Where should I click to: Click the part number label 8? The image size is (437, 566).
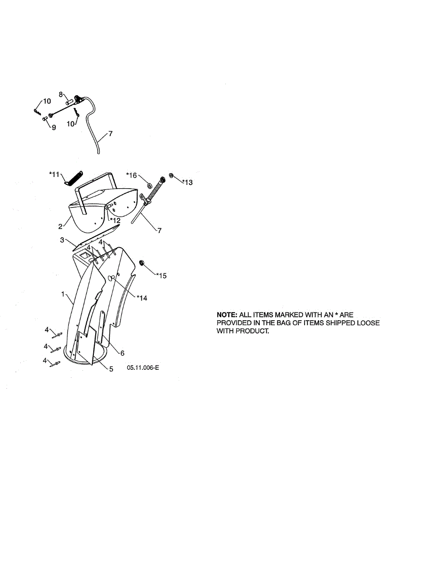coord(61,94)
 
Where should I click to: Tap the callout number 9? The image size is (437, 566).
coord(53,127)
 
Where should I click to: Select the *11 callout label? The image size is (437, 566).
coord(54,174)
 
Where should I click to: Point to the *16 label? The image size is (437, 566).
coord(131,175)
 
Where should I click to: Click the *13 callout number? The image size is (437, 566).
coord(188,182)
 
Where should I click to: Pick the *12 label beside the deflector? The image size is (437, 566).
coord(115,220)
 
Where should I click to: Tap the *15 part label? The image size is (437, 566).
coord(161,276)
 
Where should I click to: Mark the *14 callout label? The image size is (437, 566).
coord(142,298)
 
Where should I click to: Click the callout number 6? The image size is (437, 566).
coord(122,353)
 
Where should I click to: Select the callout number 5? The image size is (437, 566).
coord(111,369)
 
